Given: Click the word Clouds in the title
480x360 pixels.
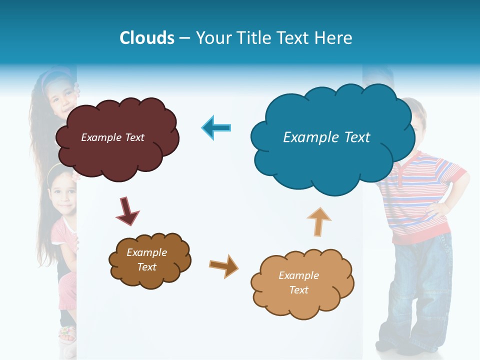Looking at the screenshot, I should pyautogui.click(x=147, y=38).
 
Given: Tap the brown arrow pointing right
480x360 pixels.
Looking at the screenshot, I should pyautogui.click(x=223, y=265).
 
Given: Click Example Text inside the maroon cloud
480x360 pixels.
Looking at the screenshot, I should pyautogui.click(x=112, y=137).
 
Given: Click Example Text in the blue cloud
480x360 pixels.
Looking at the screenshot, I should pyautogui.click(x=326, y=137).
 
